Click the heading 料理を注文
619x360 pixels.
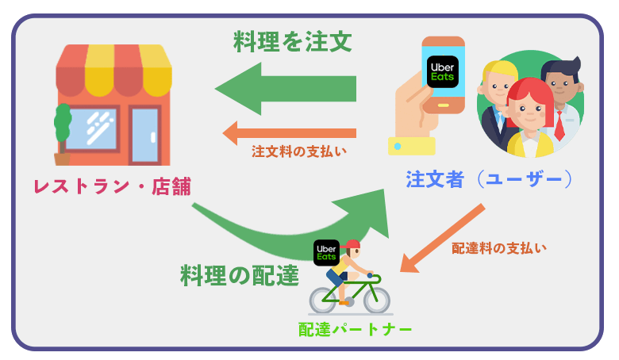[292, 40]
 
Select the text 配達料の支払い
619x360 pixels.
[499, 248]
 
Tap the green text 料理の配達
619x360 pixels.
[239, 274]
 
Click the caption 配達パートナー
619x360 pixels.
[355, 329]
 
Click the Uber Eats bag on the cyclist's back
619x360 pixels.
[326, 252]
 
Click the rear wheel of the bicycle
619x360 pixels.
[326, 299]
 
